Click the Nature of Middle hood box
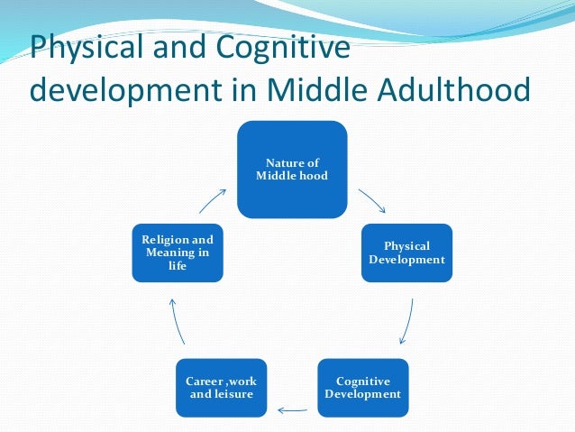tap(292, 169)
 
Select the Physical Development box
tap(406, 253)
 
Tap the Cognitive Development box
tap(362, 387)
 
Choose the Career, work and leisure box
tap(222, 387)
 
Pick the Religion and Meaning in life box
tap(178, 253)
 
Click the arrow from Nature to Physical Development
tap(372, 200)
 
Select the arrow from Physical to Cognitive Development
tap(407, 320)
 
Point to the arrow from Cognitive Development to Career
tap(292, 410)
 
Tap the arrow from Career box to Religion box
tap(178, 320)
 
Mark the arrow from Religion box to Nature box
tap(213, 200)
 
